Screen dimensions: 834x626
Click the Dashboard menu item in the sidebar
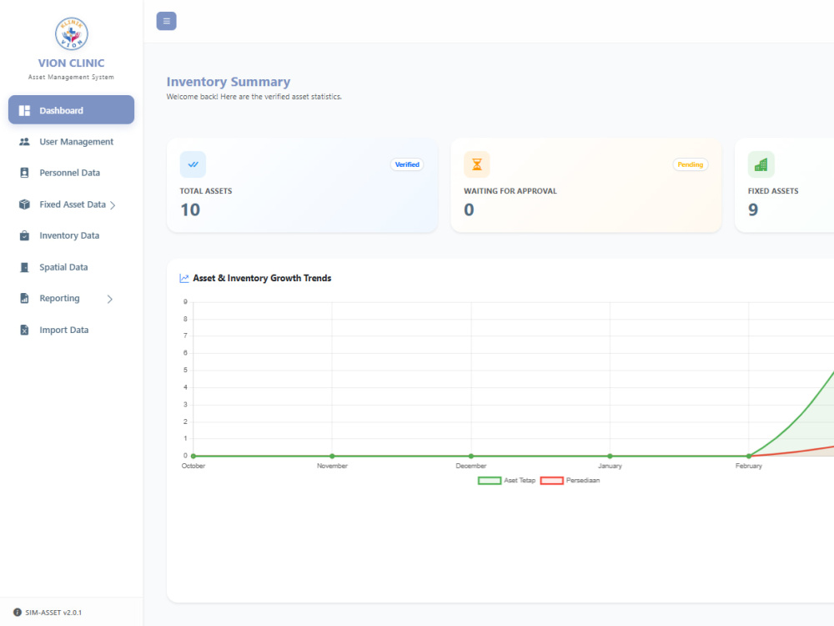tap(71, 110)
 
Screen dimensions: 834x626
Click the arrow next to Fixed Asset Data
tap(113, 205)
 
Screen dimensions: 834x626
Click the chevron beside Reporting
tap(110, 299)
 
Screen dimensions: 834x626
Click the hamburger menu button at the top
tap(167, 22)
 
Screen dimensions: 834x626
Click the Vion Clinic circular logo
tap(71, 33)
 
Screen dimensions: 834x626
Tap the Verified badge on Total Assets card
tap(407, 164)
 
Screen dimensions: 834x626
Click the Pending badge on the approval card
tap(691, 164)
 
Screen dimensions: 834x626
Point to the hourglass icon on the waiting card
tap(477, 164)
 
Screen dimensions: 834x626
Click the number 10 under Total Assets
tap(190, 210)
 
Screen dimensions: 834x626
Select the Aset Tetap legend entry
tap(507, 481)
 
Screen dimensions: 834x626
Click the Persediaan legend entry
tap(570, 481)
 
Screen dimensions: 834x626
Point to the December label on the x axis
tap(470, 466)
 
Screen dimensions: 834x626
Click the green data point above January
tap(610, 457)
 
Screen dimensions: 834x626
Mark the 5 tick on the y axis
tap(185, 370)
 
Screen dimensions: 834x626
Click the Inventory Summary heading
tap(229, 82)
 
